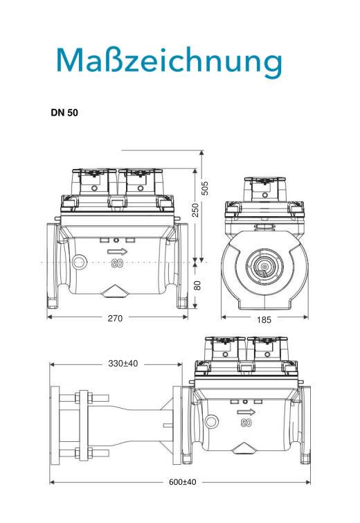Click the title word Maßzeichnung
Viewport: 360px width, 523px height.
click(170, 62)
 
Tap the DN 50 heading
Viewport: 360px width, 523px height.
click(64, 113)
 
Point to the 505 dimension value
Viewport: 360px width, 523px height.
click(206, 188)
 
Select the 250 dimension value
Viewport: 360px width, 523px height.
click(196, 210)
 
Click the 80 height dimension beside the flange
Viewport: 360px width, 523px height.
click(198, 285)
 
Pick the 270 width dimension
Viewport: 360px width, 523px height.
click(115, 319)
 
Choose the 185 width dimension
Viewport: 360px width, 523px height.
click(264, 320)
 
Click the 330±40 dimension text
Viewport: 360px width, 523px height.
click(123, 363)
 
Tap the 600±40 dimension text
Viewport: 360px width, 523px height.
click(182, 482)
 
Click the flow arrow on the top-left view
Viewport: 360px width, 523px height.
click(118, 251)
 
